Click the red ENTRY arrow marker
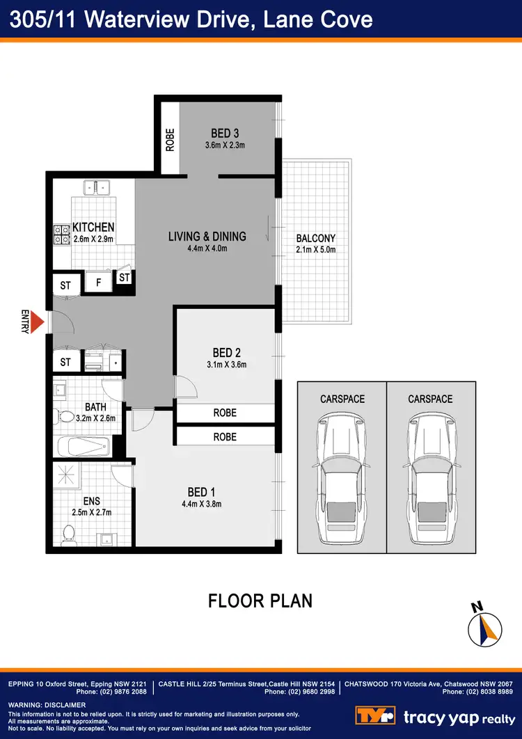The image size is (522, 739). (x=39, y=322)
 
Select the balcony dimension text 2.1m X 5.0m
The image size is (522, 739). (x=316, y=250)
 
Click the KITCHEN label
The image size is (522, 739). (x=93, y=228)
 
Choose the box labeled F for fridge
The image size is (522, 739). (x=98, y=282)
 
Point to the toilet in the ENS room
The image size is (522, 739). (x=68, y=534)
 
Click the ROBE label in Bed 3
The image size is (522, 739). (x=170, y=140)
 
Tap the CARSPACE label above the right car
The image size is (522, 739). (x=431, y=399)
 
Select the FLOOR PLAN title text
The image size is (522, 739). (x=260, y=601)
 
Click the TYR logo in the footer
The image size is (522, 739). (x=375, y=716)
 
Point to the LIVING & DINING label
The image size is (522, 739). (x=207, y=237)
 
